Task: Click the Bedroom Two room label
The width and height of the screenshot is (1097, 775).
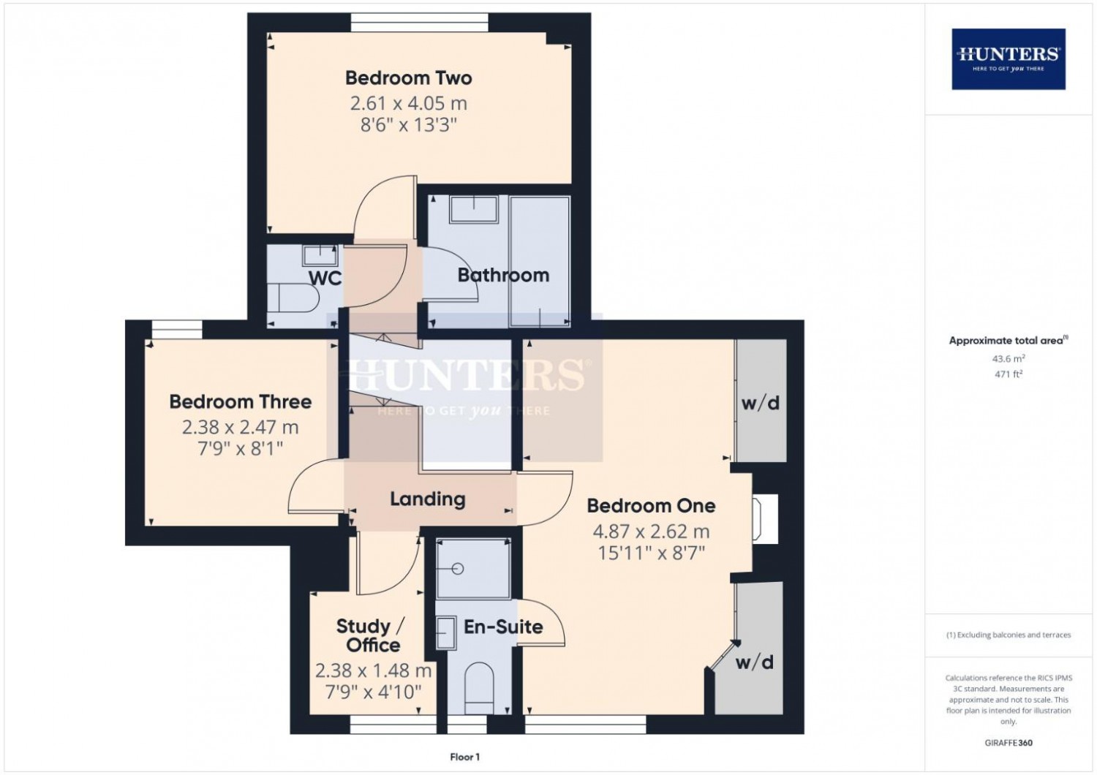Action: pyautogui.click(x=408, y=77)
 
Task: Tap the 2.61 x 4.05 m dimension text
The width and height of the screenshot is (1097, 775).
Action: pyautogui.click(x=408, y=103)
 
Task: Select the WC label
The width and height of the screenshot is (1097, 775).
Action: pyautogui.click(x=325, y=278)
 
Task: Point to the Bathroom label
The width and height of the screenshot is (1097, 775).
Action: pyautogui.click(x=503, y=275)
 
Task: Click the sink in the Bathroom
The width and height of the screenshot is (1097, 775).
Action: pyautogui.click(x=474, y=209)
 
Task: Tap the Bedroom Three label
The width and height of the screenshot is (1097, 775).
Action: pyautogui.click(x=241, y=402)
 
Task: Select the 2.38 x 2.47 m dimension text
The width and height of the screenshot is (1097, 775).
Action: pyautogui.click(x=241, y=428)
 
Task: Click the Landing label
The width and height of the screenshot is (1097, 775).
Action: pyautogui.click(x=428, y=499)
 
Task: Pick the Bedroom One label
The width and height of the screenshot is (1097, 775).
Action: pyautogui.click(x=652, y=506)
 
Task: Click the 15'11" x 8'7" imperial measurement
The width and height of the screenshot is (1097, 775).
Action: pyautogui.click(x=652, y=553)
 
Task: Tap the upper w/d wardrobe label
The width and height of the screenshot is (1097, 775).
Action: pyautogui.click(x=761, y=403)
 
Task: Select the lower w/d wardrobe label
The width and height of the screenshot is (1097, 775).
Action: pyautogui.click(x=755, y=662)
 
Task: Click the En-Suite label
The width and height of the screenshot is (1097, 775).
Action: pyautogui.click(x=503, y=627)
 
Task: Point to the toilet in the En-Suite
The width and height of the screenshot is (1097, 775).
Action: pyautogui.click(x=479, y=689)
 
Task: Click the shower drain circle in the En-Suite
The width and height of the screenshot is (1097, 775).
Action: pyautogui.click(x=459, y=568)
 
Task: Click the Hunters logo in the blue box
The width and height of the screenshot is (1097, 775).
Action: pyautogui.click(x=1009, y=59)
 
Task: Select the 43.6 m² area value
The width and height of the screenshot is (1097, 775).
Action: pyautogui.click(x=1009, y=358)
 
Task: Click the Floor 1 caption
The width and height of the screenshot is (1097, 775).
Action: pyautogui.click(x=464, y=757)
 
